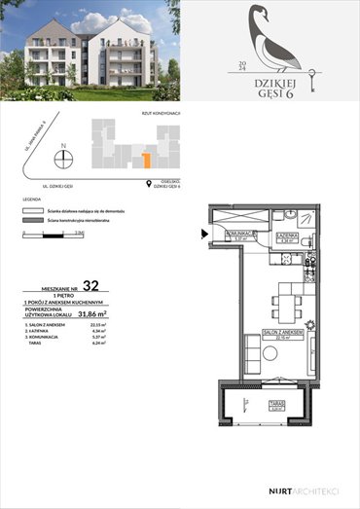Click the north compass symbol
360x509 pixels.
pyautogui.click(x=63, y=159)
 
